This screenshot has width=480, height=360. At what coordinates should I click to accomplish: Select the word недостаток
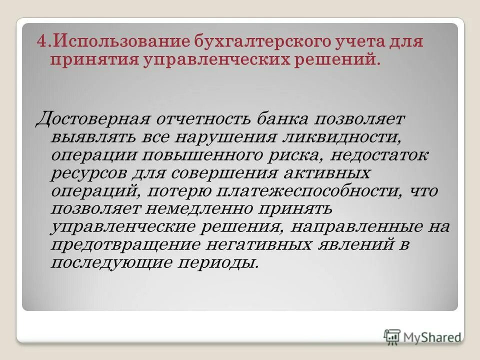coord(377,156)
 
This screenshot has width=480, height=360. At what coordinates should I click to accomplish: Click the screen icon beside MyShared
coord(392,336)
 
